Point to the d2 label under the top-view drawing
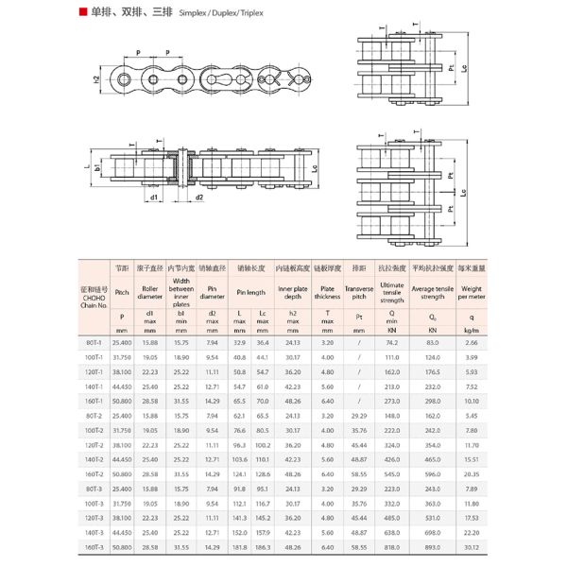[199, 198]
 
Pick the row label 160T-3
[94, 546]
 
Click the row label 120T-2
[94, 444]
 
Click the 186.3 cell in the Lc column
[263, 546]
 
